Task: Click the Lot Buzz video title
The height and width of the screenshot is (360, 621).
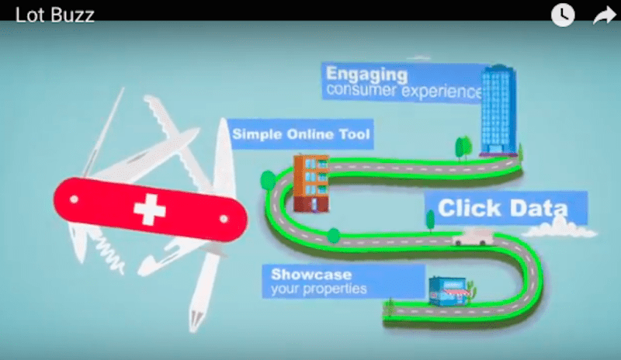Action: click(x=54, y=15)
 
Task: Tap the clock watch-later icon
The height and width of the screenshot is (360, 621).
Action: click(x=563, y=15)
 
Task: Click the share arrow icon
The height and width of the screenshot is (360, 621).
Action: click(x=605, y=16)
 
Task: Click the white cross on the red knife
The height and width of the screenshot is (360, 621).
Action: click(x=149, y=209)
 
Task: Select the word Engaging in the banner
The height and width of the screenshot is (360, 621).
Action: click(x=366, y=74)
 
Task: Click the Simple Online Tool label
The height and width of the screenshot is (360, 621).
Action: click(x=301, y=134)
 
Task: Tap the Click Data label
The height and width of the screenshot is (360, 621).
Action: click(x=502, y=208)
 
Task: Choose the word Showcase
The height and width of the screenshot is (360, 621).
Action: click(x=311, y=275)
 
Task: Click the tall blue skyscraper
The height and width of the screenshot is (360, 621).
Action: click(x=498, y=110)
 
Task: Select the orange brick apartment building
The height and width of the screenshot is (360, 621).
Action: click(x=311, y=183)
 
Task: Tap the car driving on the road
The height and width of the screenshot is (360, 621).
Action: click(x=474, y=237)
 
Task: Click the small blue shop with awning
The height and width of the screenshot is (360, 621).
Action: click(x=450, y=292)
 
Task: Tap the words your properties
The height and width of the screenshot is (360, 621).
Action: click(x=319, y=289)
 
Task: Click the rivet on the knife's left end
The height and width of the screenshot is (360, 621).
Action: click(x=74, y=199)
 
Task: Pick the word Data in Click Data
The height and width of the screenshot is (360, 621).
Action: click(x=539, y=208)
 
